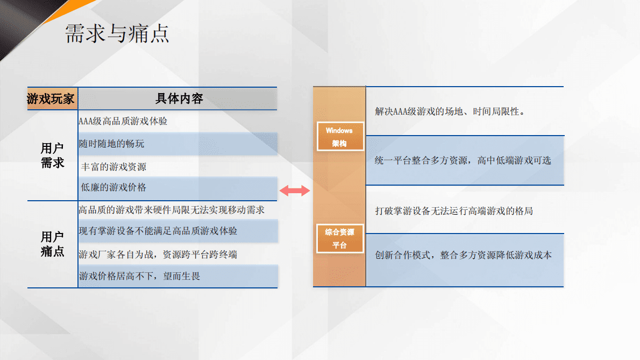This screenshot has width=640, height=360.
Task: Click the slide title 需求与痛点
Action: click(117, 33)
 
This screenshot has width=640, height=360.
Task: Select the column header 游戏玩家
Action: click(51, 99)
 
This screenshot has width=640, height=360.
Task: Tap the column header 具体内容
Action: click(179, 99)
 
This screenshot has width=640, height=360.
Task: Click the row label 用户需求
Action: click(52, 156)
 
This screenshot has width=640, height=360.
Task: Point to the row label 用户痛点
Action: click(52, 244)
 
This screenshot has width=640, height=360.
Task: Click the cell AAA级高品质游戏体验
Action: click(123, 122)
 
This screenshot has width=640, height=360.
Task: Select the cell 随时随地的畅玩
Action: click(112, 144)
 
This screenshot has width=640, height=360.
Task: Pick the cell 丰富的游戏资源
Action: click(114, 167)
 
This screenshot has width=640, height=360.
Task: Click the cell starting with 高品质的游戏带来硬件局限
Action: click(172, 210)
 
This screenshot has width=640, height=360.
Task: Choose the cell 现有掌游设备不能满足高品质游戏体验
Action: click(158, 231)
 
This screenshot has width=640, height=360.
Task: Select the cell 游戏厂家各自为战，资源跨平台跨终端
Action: click(158, 255)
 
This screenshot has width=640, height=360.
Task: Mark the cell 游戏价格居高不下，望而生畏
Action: click(140, 277)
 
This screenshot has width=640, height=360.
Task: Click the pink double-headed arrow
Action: click(295, 190)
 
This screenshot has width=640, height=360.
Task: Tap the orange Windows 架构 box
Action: click(339, 137)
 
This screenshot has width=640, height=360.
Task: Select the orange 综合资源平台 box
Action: click(339, 238)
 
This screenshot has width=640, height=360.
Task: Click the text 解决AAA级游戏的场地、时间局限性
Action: click(450, 112)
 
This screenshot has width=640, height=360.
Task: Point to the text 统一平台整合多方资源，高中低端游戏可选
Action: click(463, 160)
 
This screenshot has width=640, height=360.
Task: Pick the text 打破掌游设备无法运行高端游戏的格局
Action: click(454, 211)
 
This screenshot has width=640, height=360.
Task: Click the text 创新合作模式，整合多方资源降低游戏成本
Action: click(463, 256)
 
